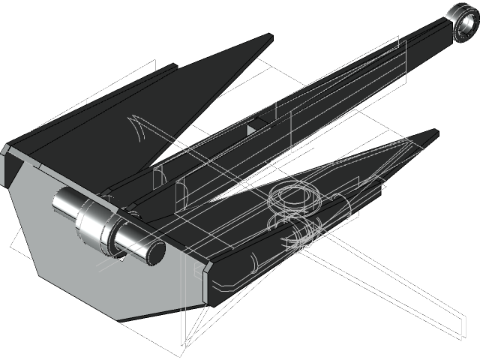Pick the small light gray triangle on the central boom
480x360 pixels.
pos(251,129)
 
